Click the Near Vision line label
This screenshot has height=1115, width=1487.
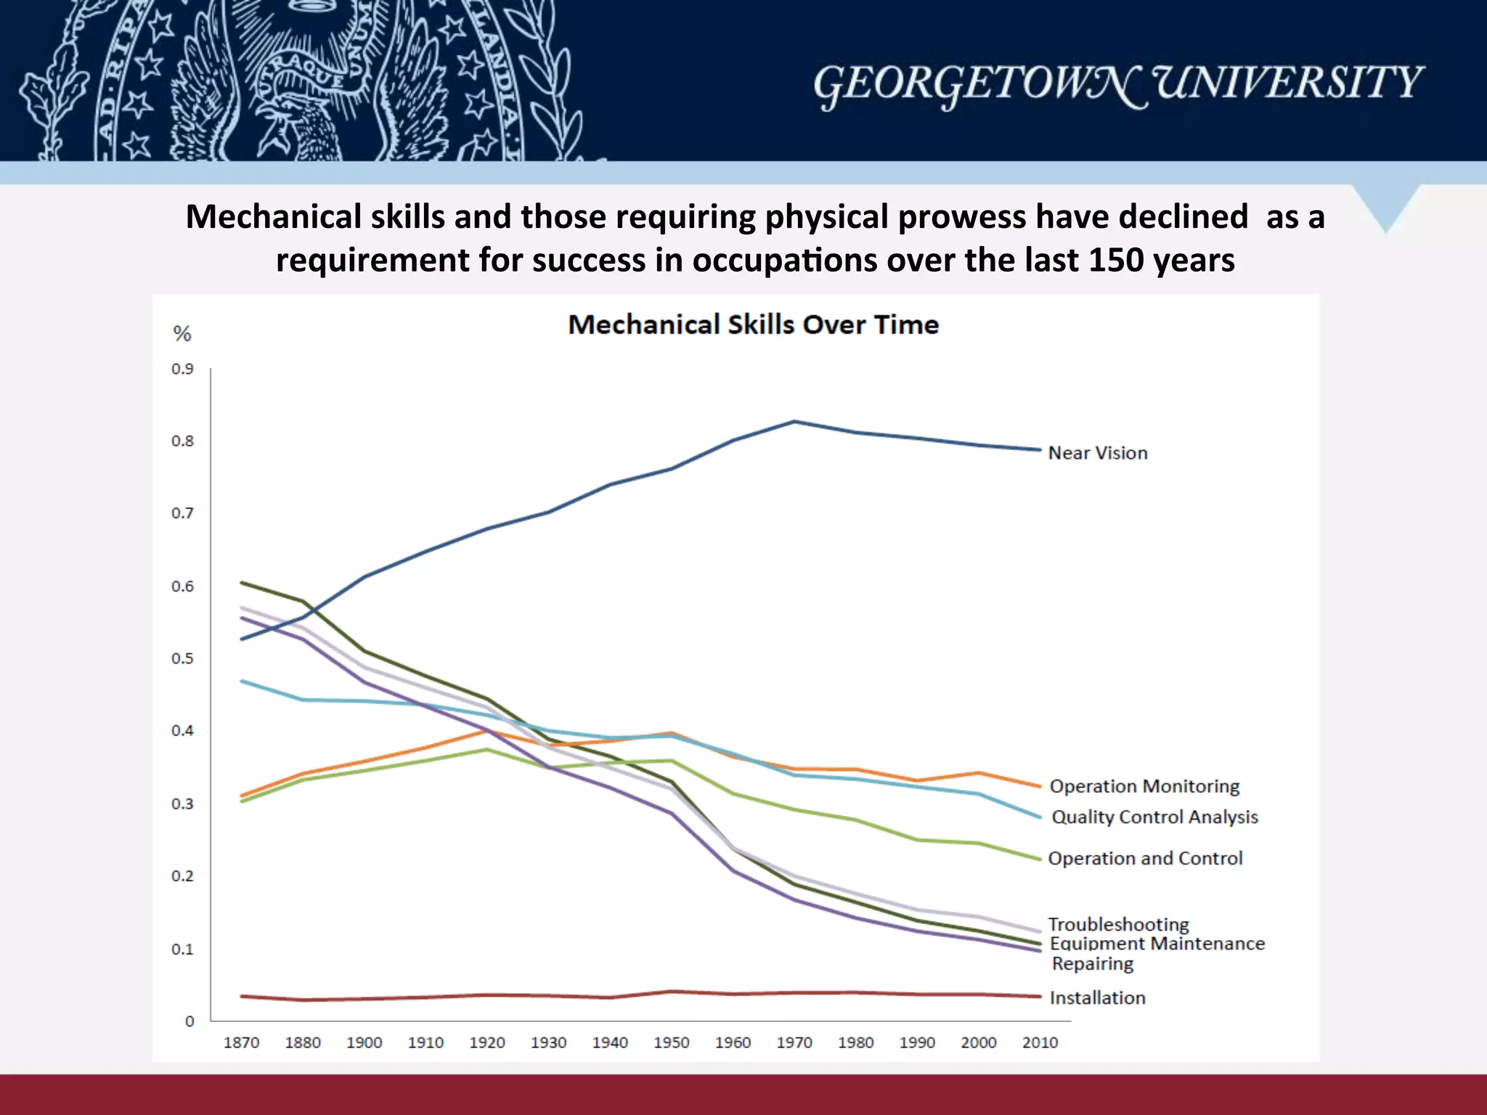pos(1097,453)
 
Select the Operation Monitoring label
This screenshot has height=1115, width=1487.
pos(1144,786)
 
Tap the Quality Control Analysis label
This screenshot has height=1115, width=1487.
pos(1154,817)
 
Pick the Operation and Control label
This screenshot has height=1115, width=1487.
pos(1145,858)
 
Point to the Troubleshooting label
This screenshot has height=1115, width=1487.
pos(1118,924)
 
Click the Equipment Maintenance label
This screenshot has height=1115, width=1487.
pos(1157,943)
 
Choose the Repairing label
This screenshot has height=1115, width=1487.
pos(1092,963)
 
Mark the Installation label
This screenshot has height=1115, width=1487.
pos(1097,997)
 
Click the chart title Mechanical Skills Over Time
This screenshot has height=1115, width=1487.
pos(753,324)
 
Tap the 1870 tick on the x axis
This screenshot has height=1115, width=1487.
pos(241,1042)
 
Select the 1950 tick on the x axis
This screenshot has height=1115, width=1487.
pos(671,1042)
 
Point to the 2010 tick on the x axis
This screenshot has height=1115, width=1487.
pos(1040,1042)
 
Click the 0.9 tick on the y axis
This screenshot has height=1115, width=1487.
pos(182,369)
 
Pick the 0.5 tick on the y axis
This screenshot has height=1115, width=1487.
pos(182,658)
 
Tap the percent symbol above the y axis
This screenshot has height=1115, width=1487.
pos(182,334)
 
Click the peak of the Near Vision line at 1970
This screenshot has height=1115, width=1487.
pos(794,421)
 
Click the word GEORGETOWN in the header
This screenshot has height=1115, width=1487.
pos(977,83)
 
